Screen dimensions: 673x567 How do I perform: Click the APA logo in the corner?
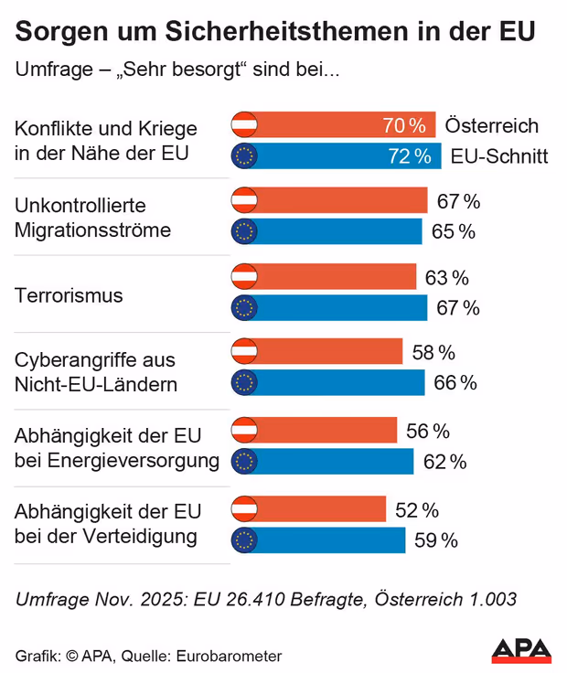click(x=521, y=649)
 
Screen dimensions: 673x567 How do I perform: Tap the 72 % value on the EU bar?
click(x=409, y=156)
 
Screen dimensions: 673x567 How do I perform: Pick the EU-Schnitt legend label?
click(x=499, y=156)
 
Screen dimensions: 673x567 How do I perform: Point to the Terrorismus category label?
click(x=69, y=295)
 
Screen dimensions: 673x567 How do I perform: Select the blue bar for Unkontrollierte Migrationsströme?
click(x=338, y=231)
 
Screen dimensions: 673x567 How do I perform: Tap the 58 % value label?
click(x=433, y=352)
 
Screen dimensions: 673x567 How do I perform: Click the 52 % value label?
click(x=417, y=509)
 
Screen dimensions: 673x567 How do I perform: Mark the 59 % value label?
click(x=436, y=540)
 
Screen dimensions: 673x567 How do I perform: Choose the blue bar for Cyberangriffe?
click(x=338, y=382)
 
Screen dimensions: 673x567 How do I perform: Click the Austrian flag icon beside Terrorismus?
click(x=244, y=277)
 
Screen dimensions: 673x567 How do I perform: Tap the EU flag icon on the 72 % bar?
click(x=244, y=156)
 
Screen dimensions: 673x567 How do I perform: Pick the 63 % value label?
click(x=446, y=277)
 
